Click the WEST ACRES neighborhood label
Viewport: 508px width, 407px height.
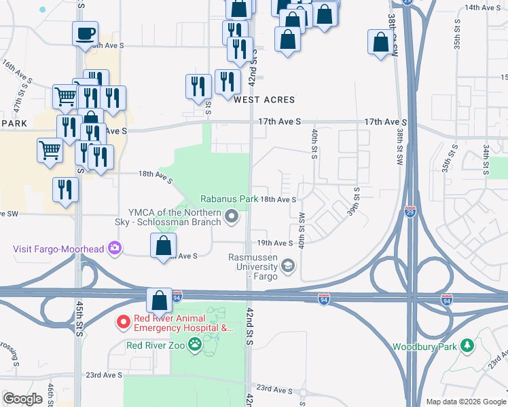265,100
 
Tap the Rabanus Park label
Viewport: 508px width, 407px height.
229,199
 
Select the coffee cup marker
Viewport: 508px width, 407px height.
86,33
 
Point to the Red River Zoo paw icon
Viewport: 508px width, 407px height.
196,345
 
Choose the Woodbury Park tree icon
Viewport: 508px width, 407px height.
467,346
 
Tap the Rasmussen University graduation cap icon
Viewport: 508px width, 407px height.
288,265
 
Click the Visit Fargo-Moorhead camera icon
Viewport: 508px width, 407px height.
115,248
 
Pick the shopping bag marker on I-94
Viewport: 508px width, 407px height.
159,300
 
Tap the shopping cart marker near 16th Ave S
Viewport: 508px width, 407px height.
65,96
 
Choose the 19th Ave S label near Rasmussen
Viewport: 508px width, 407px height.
274,243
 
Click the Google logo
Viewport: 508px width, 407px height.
22,399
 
